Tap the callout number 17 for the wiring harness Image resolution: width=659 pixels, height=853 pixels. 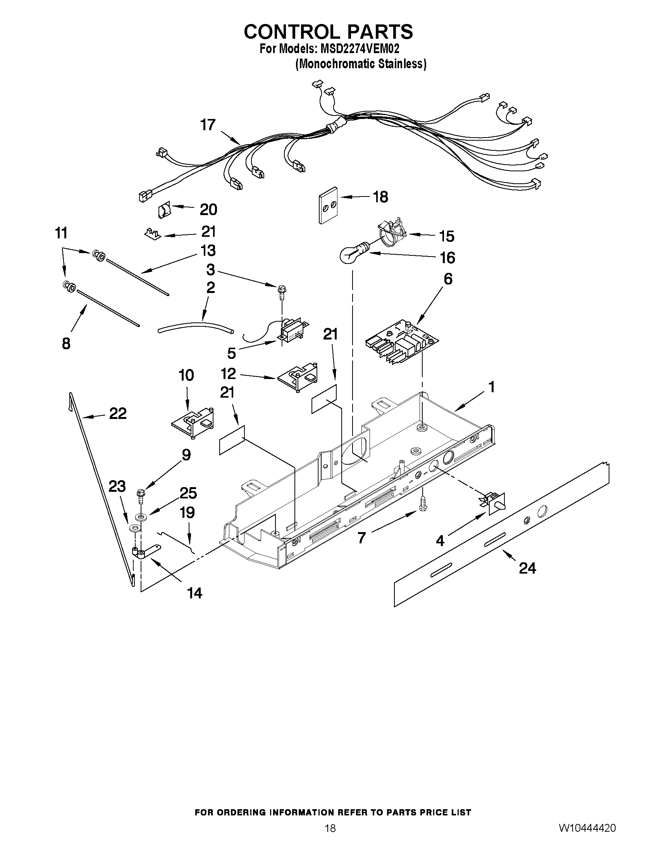[208, 125]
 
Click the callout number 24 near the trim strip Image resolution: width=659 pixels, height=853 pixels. [527, 568]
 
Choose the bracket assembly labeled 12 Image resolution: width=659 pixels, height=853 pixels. [299, 376]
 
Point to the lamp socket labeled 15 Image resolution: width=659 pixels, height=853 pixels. [392, 233]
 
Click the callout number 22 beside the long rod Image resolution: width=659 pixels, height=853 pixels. [117, 413]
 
